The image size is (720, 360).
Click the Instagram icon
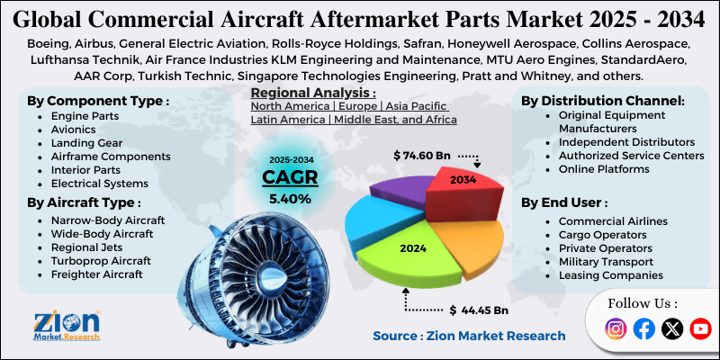click(616, 329)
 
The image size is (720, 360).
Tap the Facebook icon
click(644, 329)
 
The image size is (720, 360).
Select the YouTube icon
click(699, 329)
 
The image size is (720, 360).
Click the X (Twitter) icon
click(671, 329)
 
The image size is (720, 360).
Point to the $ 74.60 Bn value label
click(423, 156)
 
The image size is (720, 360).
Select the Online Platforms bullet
click(603, 168)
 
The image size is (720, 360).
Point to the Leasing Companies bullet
click(610, 274)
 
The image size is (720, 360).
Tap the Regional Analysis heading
click(313, 92)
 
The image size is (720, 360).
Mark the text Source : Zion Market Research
click(469, 336)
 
